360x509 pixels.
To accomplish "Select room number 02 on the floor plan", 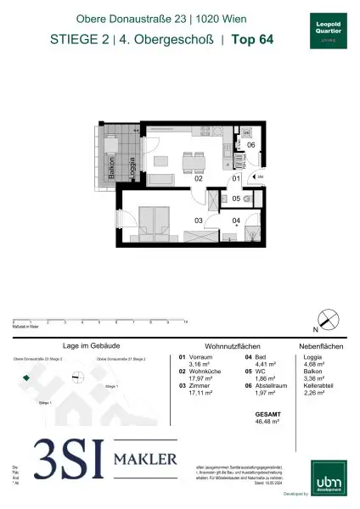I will (x=175, y=179).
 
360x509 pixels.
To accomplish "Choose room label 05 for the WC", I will (x=238, y=199).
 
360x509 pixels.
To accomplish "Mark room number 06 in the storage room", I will (x=250, y=145).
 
